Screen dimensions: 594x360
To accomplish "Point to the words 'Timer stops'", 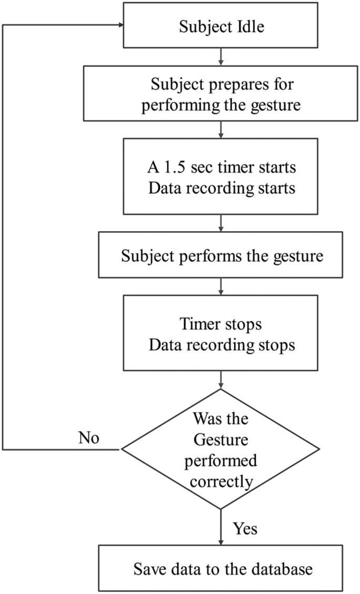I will point(220,324).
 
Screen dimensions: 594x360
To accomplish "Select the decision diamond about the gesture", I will point(220,449).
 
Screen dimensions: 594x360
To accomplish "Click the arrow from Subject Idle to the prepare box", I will point(221,56).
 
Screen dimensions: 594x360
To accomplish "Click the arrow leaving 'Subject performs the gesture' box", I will point(221,287).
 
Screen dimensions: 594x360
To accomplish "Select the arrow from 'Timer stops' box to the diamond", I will point(221,379).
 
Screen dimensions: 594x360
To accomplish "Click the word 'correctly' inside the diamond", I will point(221,481).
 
